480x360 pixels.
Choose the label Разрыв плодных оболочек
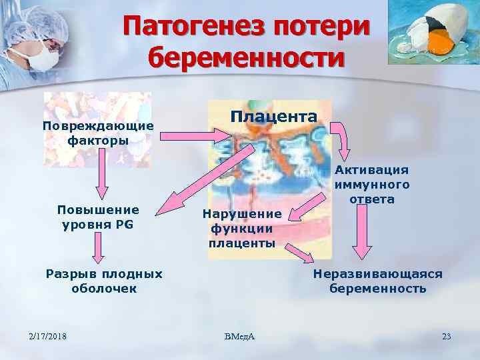[103, 281]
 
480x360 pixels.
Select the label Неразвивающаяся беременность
[377, 281]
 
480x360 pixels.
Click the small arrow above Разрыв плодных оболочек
[98, 250]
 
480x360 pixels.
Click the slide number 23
[446, 336]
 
